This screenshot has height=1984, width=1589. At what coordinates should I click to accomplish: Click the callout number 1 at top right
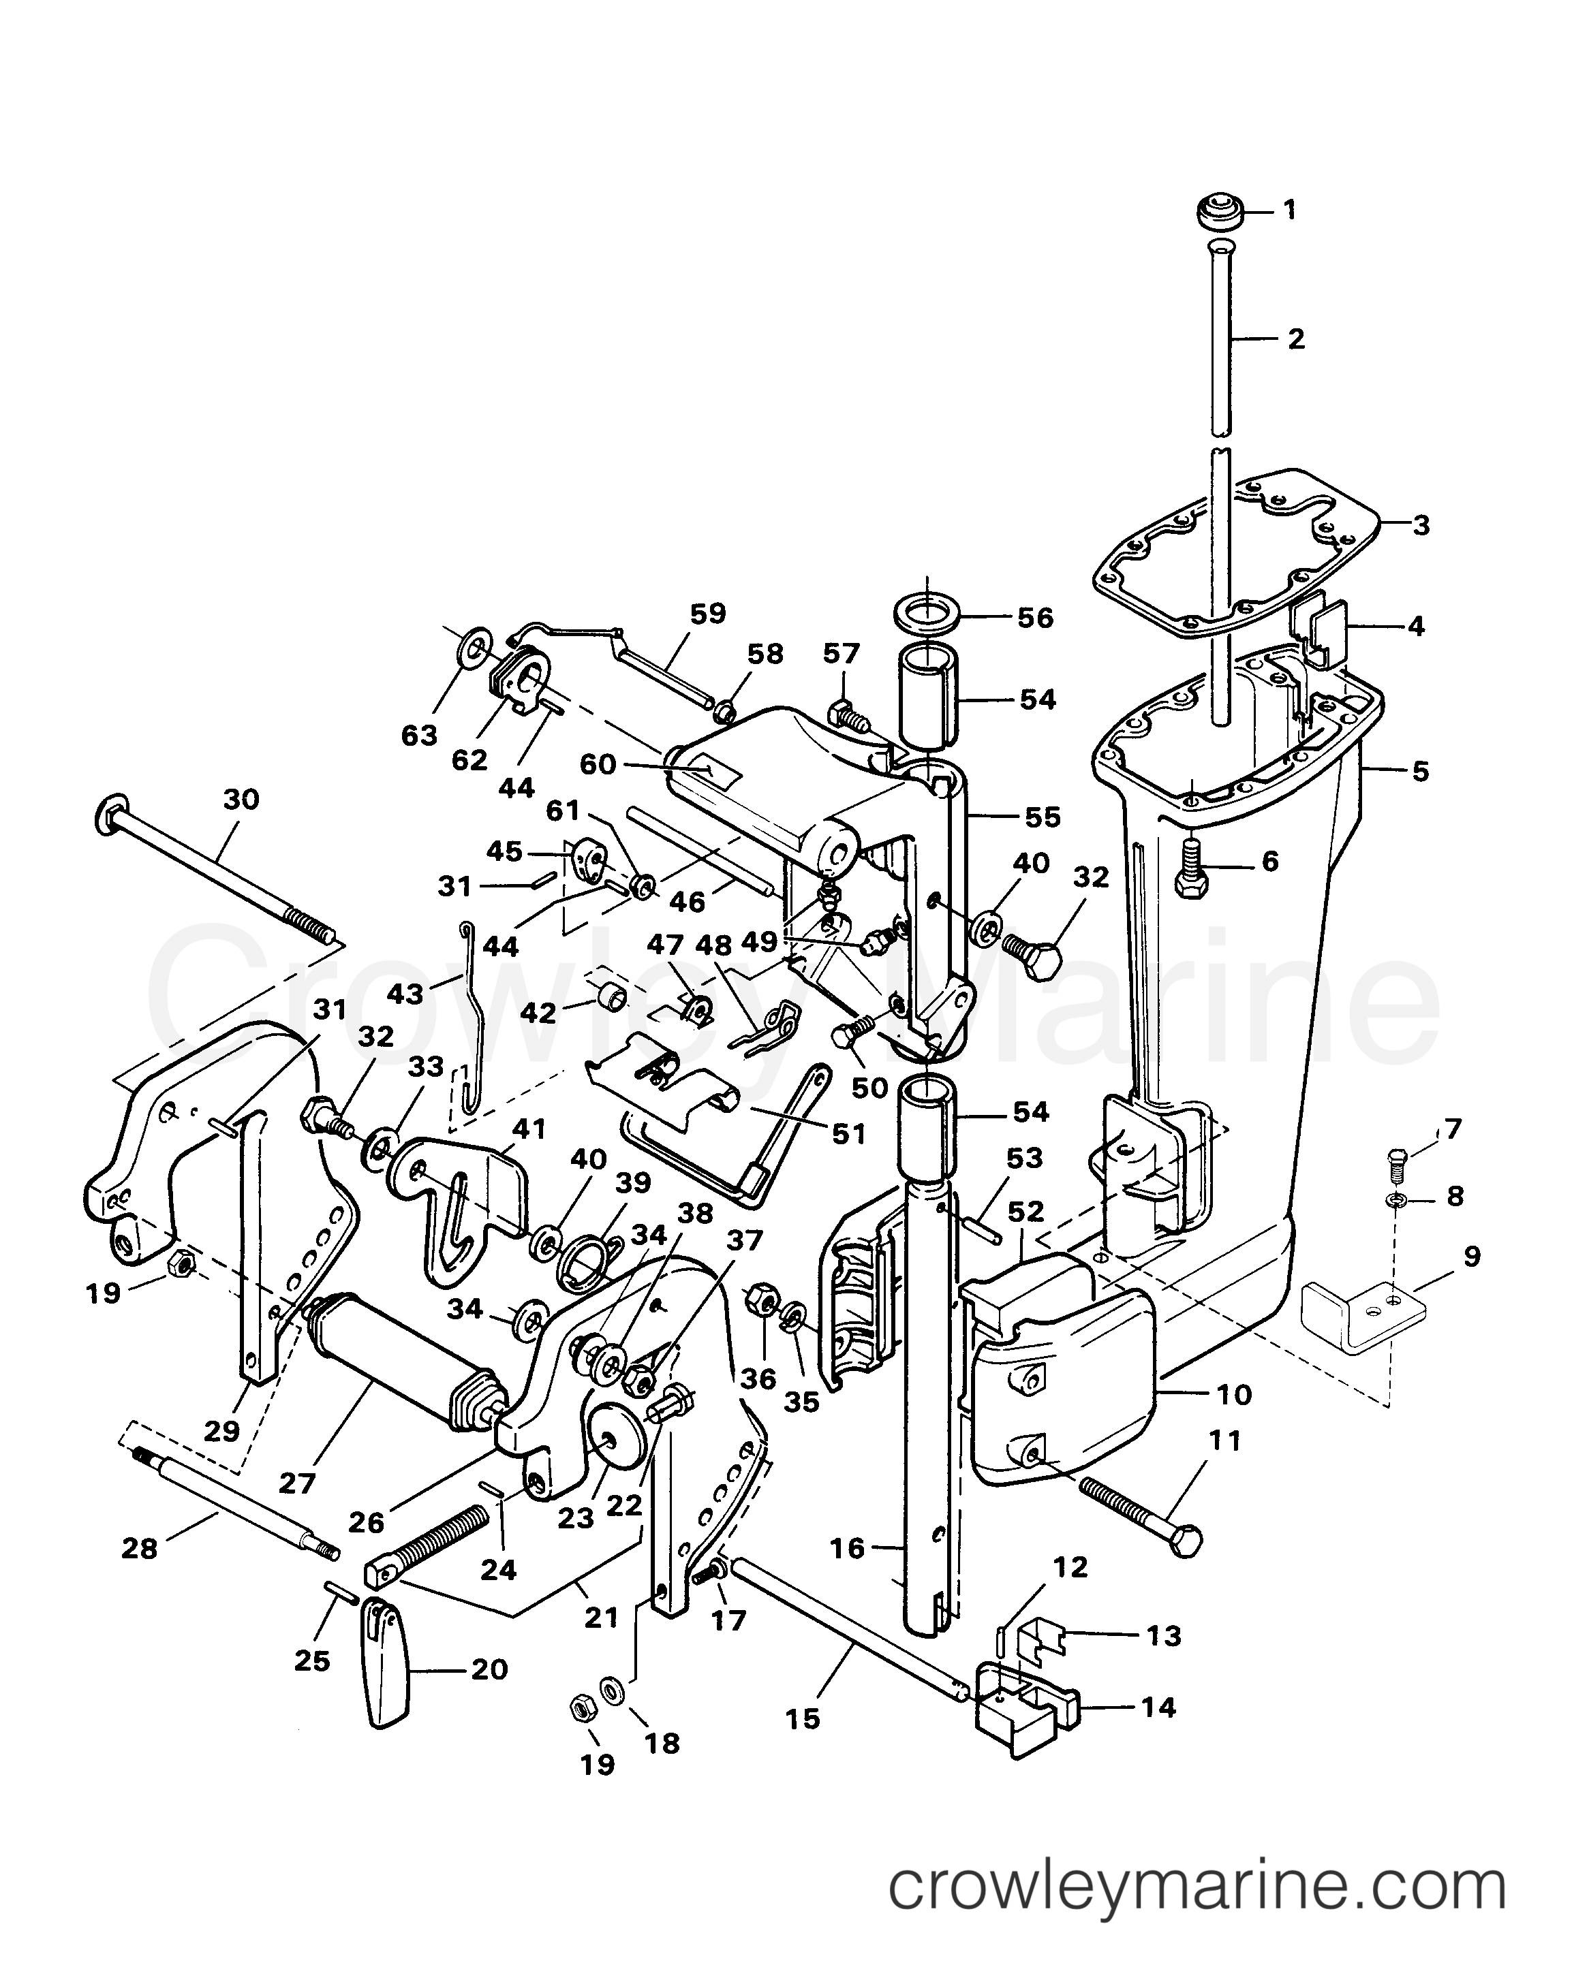[1290, 210]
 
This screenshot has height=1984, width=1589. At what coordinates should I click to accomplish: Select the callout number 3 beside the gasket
[1421, 525]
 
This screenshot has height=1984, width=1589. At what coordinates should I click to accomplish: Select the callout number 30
[241, 799]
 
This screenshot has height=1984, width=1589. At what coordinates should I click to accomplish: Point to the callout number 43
[405, 994]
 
